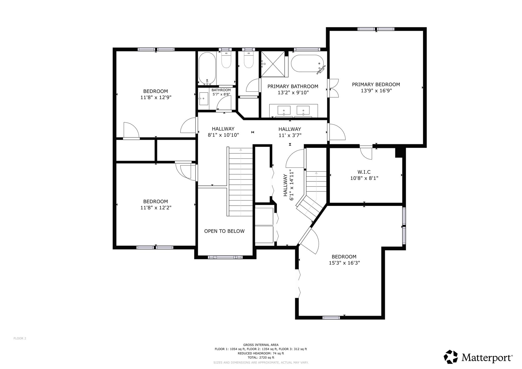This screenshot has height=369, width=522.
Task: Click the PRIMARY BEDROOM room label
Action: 376,85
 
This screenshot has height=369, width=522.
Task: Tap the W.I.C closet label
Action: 364,172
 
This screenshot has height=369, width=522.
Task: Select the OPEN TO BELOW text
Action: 224,231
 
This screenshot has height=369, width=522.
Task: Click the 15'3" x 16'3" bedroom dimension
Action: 344,263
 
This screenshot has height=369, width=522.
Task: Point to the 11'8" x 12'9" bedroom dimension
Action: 156,97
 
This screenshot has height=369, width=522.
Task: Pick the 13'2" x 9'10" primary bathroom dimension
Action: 293,93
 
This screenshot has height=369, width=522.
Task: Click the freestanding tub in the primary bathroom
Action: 307,63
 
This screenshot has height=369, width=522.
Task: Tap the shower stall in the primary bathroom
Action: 273,64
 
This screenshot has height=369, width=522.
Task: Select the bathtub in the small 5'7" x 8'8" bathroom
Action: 207,69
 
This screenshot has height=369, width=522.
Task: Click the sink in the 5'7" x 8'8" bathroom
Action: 204,99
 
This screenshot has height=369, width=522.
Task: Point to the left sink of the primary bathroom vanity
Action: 284,110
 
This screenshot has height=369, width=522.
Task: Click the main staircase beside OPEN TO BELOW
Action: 241,182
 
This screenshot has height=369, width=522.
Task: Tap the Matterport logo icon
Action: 451,357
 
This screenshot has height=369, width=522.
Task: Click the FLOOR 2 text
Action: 20,338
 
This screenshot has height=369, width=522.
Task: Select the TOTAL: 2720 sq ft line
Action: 261,358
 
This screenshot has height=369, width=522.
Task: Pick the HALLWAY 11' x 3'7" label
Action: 290,132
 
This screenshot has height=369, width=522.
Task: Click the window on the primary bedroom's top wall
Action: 376,29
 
